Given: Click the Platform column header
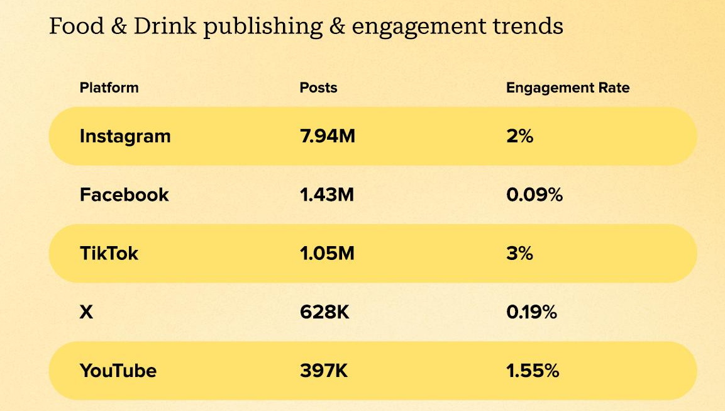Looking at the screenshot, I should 109,87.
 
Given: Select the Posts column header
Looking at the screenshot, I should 318,87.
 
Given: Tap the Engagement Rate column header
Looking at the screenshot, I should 567,87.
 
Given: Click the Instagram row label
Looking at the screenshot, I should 125,136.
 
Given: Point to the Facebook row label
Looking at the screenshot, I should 124,194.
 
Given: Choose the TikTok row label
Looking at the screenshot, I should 109,253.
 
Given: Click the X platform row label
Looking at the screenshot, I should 86,312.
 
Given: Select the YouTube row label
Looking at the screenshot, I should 118,370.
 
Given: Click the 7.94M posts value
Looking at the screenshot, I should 327,136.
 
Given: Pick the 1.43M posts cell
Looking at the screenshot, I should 326,194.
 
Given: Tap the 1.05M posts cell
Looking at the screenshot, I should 327,253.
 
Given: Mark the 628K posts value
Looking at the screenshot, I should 324,312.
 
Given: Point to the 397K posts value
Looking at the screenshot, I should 324,370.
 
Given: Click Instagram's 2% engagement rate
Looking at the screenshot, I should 519,136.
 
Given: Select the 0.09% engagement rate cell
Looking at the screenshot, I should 534,194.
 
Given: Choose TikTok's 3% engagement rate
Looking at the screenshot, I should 519,253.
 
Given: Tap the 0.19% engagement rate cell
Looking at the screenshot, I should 531,312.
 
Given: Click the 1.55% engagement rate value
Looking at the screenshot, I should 532,370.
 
